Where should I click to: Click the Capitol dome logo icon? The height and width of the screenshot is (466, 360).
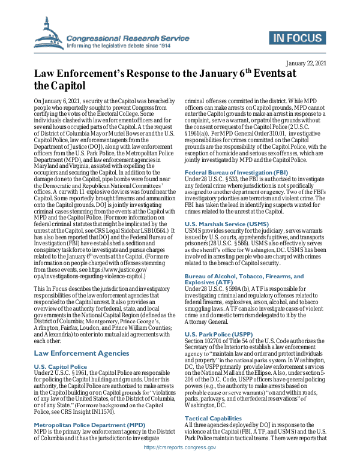point(47,32)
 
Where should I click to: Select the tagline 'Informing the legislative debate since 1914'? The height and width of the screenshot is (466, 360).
point(118,46)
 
